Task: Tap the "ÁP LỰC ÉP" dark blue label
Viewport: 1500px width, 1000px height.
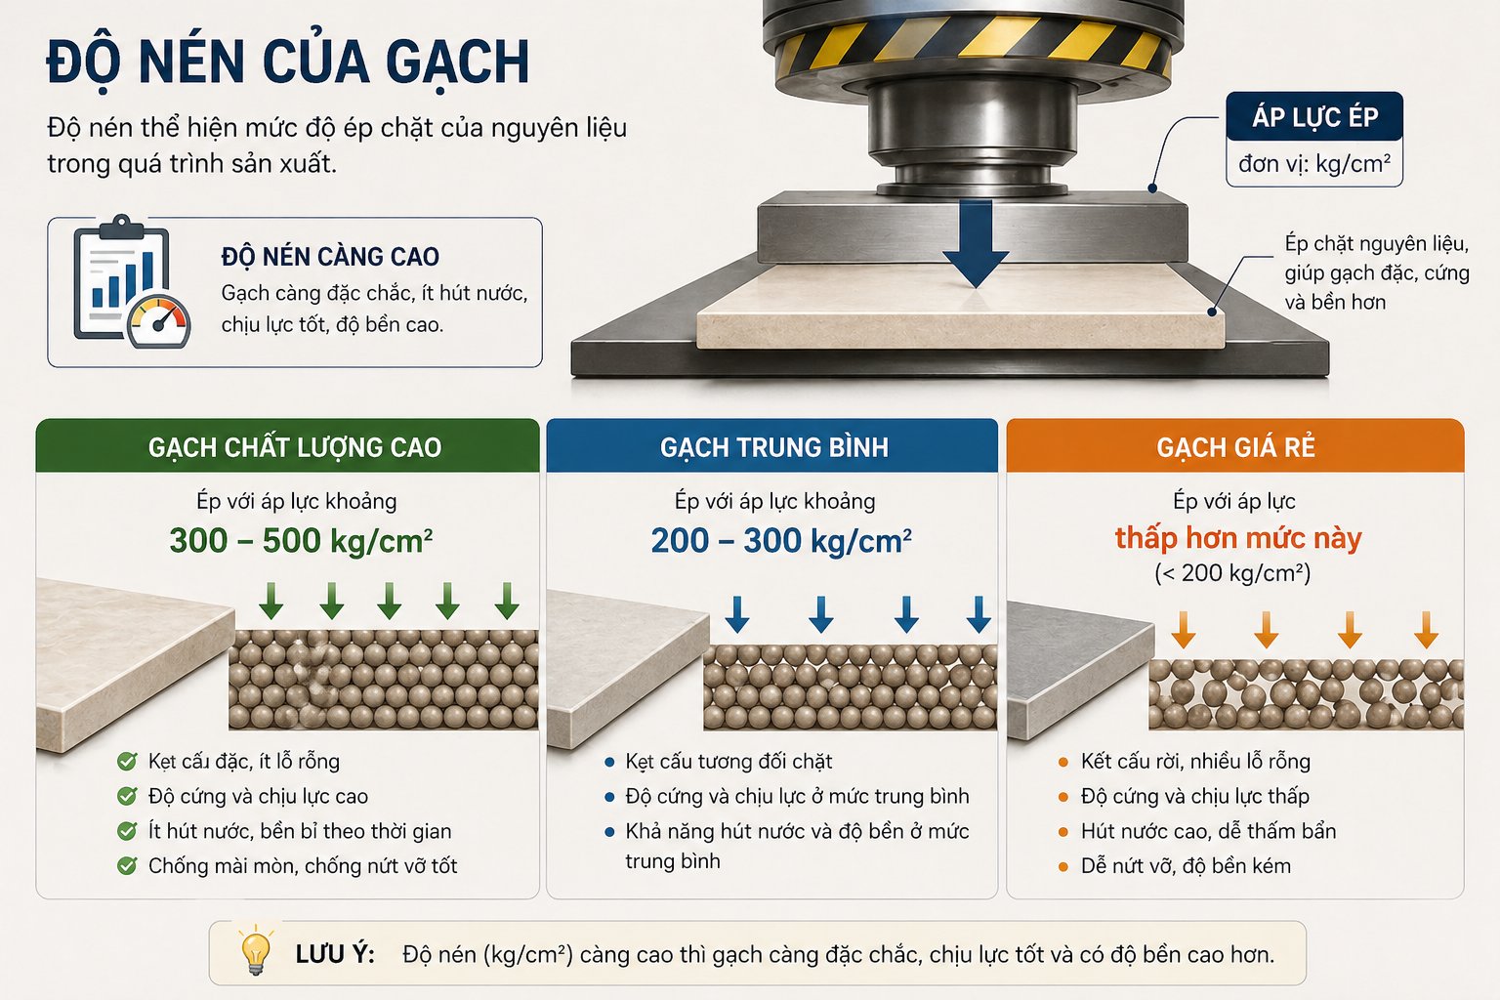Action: coord(1313,116)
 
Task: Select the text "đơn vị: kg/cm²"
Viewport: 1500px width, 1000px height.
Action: coord(1313,163)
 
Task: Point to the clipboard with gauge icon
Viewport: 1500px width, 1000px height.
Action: coord(132,281)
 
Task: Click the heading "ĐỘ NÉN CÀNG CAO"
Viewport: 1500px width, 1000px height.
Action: coord(330,257)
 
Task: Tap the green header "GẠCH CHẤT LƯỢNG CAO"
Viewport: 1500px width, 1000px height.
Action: coord(295,447)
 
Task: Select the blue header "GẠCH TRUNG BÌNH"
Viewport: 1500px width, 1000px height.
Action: coord(774,447)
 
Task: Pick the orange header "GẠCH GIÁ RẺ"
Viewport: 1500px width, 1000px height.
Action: coord(1235,447)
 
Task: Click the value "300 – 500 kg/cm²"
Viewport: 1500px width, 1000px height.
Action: coord(301,541)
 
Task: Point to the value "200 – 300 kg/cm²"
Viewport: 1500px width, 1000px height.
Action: coord(781,541)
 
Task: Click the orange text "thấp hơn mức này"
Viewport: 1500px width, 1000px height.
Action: coord(1238,538)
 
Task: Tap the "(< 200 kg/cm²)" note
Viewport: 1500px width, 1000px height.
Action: coord(1232,573)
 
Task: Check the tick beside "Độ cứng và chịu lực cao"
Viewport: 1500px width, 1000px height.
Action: coord(127,796)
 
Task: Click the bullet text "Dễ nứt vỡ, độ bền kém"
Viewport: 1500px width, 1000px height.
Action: coord(1186,866)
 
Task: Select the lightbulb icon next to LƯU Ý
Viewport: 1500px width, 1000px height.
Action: coord(256,951)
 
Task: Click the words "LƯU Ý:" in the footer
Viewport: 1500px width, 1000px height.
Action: coord(335,954)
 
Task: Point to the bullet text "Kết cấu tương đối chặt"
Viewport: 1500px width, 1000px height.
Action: coord(729,762)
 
